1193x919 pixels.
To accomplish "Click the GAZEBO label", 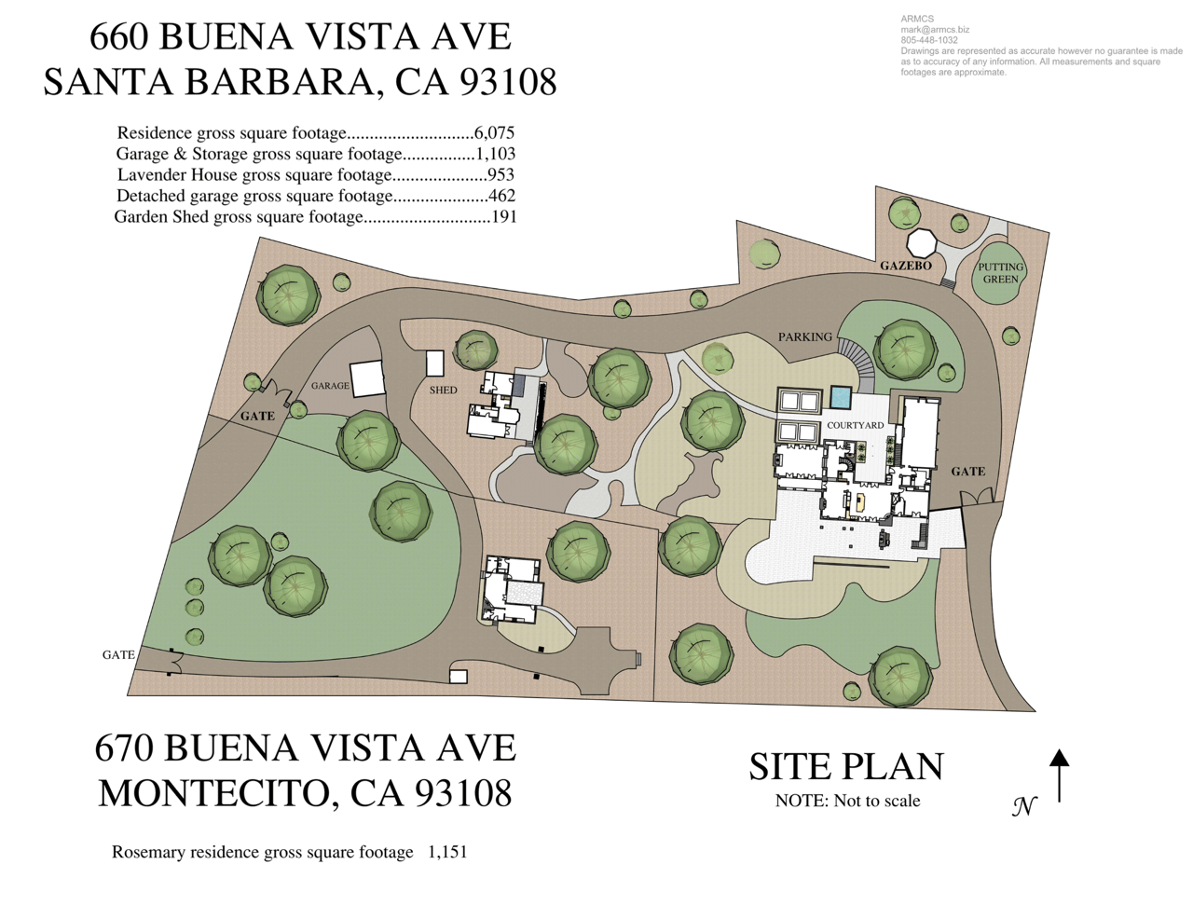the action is [x=905, y=266].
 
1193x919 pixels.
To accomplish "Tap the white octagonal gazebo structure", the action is [x=926, y=242].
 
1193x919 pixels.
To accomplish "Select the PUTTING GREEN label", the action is [x=1000, y=273].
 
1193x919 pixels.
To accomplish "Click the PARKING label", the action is [x=805, y=337].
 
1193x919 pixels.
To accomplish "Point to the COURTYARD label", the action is [x=856, y=425].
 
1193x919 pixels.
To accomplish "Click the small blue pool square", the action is [x=841, y=396].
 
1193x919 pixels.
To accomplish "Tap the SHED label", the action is [x=443, y=390].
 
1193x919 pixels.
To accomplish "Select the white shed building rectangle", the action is [x=435, y=363].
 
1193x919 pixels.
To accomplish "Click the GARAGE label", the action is [x=330, y=386].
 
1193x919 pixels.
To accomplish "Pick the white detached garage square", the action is [x=366, y=378].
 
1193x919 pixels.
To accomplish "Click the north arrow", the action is [x=1059, y=775].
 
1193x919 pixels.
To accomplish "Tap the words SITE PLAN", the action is [x=846, y=766].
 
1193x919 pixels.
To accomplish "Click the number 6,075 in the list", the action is [x=494, y=133].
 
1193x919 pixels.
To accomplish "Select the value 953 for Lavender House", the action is [x=501, y=174].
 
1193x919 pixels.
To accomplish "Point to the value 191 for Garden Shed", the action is [x=504, y=217].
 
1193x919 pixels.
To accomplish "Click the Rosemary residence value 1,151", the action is [x=447, y=852].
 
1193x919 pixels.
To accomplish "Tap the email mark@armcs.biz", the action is [x=935, y=30].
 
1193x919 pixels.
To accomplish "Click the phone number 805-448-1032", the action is [x=929, y=40].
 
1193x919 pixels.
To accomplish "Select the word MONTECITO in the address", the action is [x=214, y=793].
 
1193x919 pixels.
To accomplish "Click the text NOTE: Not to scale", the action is [x=847, y=801].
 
